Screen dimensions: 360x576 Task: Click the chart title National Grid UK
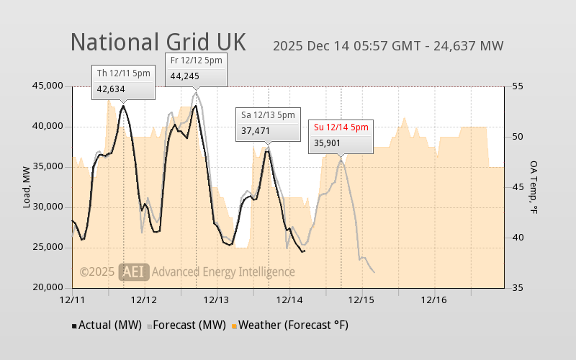pyautogui.click(x=158, y=42)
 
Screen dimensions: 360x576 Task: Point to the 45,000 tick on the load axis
pyautogui.click(x=48, y=86)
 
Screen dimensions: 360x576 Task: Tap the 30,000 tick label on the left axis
pyautogui.click(x=48, y=207)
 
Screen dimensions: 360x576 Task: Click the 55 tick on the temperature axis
pyautogui.click(x=516, y=86)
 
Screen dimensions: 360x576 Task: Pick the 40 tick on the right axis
pyautogui.click(x=516, y=238)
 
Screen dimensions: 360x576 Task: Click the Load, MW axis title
pyautogui.click(x=27, y=187)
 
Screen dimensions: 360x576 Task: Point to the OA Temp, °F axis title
pyautogui.click(x=534, y=187)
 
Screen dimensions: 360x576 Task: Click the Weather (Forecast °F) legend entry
pyautogui.click(x=289, y=325)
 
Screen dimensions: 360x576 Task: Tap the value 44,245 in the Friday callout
pyautogui.click(x=184, y=76)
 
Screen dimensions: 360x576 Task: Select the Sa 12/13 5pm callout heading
pyautogui.click(x=268, y=114)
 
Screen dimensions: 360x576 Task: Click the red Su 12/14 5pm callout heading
pyautogui.click(x=341, y=127)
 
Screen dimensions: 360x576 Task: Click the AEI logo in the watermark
pyautogui.click(x=134, y=271)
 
